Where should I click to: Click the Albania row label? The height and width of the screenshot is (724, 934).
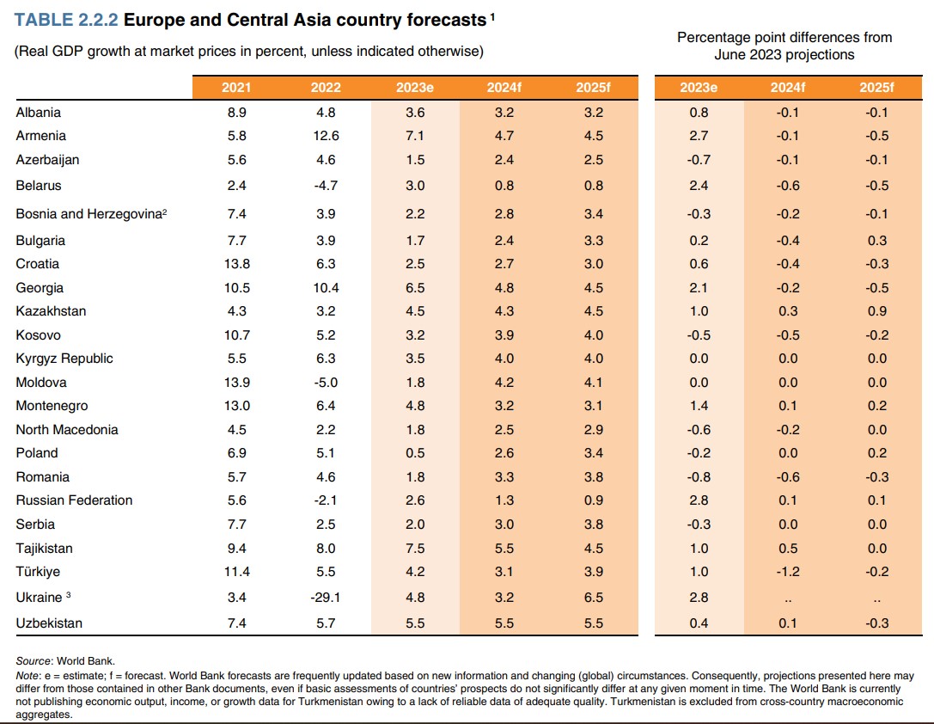click(x=39, y=113)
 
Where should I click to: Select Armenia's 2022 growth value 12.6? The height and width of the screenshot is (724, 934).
click(x=327, y=136)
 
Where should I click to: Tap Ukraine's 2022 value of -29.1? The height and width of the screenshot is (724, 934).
click(x=327, y=598)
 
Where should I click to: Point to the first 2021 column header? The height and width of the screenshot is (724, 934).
click(x=236, y=88)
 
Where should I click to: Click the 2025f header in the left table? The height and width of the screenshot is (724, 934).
click(x=593, y=88)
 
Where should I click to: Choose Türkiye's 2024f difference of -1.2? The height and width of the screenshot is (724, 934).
click(x=788, y=572)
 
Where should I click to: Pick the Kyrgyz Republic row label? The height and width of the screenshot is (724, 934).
click(x=64, y=359)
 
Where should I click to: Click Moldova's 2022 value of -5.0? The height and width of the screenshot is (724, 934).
click(x=327, y=383)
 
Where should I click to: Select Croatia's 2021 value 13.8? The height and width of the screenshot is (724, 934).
click(x=236, y=264)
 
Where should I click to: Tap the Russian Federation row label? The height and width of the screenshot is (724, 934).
click(x=74, y=500)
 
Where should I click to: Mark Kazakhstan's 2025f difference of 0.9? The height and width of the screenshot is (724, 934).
click(x=877, y=311)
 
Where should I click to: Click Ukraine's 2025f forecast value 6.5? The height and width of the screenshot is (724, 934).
click(x=593, y=598)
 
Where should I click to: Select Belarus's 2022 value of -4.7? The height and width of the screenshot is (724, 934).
click(x=327, y=186)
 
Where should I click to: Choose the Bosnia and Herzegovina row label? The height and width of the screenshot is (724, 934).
click(x=90, y=214)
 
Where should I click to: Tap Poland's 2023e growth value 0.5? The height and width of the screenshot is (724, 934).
click(x=416, y=453)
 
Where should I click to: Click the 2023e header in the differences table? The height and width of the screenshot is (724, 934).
click(x=699, y=88)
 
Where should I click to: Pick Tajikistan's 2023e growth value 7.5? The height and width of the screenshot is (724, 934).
click(x=416, y=549)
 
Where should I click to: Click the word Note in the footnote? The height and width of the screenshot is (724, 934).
click(x=27, y=676)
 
